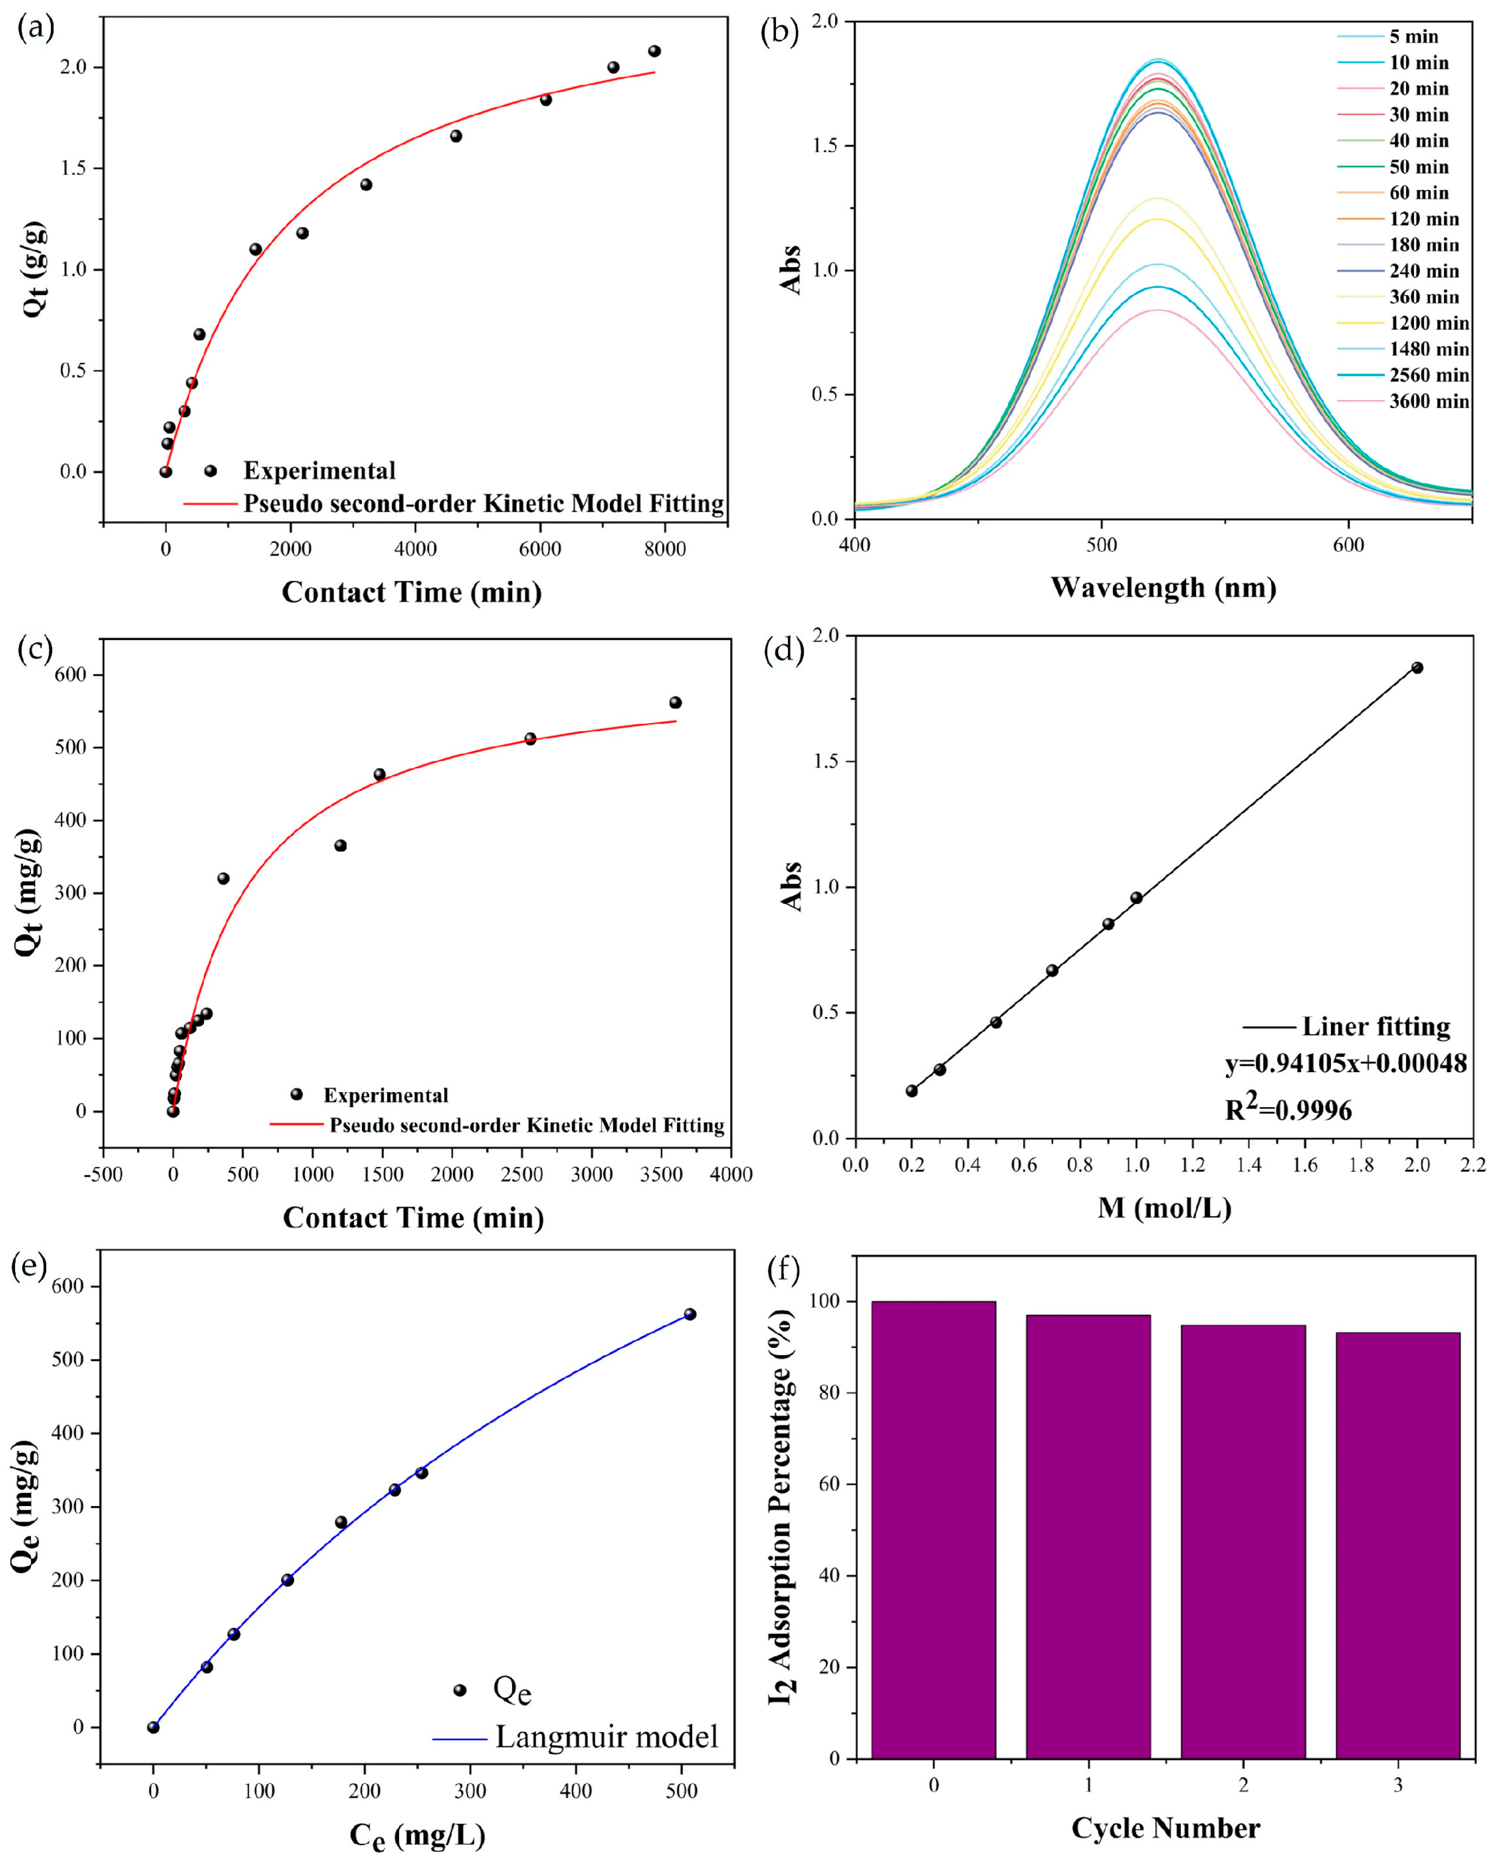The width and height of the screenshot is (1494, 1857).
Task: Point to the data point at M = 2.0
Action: [x=1416, y=668]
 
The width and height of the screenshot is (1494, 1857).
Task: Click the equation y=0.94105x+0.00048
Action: [x=1345, y=1064]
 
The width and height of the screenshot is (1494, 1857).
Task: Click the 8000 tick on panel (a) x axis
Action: [x=665, y=549]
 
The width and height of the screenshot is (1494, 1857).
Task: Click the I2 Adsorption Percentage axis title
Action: [x=782, y=1507]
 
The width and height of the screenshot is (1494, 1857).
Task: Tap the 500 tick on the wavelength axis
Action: [x=1101, y=545]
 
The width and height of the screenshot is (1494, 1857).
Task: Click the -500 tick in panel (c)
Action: [x=103, y=1175]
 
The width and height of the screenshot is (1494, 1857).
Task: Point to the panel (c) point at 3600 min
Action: [x=675, y=703]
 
